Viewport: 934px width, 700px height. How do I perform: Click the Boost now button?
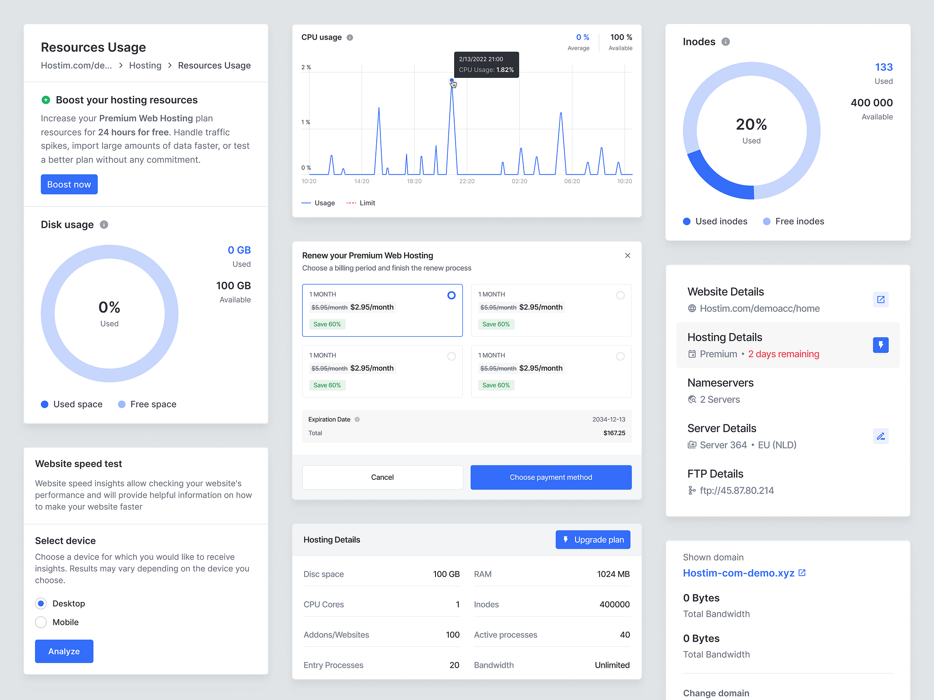[x=69, y=185]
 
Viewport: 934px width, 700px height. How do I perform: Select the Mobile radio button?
[x=41, y=622]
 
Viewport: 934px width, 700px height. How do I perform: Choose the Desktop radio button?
[x=41, y=603]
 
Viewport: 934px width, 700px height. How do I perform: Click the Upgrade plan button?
[x=593, y=540]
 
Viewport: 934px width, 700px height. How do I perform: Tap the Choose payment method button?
[x=551, y=477]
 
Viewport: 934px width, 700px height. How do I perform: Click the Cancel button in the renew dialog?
[x=382, y=477]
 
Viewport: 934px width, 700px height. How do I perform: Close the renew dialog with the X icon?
[x=628, y=256]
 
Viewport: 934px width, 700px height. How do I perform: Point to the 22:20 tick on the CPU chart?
[x=467, y=181]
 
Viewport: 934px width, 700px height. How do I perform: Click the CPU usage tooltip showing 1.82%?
[x=486, y=65]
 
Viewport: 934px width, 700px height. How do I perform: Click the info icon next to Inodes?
[x=726, y=42]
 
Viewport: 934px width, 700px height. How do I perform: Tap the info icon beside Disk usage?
[x=104, y=225]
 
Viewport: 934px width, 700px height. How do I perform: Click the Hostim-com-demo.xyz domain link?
[x=738, y=573]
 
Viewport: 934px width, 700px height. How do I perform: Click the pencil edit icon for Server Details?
[x=881, y=436]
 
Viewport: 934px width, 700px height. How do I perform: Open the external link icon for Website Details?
[x=881, y=299]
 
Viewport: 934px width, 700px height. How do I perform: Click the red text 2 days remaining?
[x=784, y=354]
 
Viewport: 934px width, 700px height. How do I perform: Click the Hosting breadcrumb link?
[x=145, y=66]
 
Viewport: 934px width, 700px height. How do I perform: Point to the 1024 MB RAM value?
[x=613, y=574]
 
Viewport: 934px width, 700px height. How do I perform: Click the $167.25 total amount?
[x=614, y=433]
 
